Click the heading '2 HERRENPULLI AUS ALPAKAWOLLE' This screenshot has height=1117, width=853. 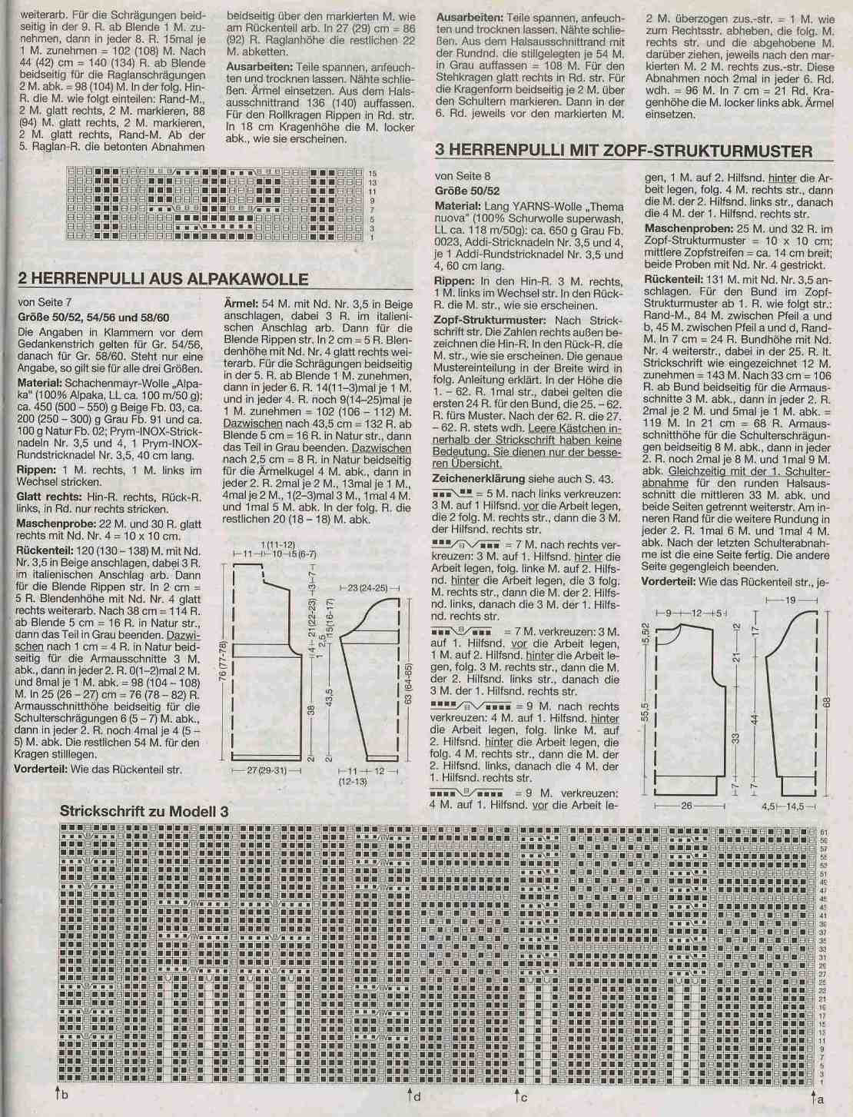click(x=163, y=279)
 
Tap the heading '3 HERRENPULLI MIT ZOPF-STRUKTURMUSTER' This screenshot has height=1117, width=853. click(x=623, y=150)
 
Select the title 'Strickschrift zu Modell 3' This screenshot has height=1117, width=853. click(x=144, y=811)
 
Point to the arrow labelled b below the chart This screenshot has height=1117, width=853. click(x=59, y=1092)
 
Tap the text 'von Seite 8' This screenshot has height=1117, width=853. click(x=463, y=176)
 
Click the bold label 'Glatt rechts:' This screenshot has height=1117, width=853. click(x=48, y=497)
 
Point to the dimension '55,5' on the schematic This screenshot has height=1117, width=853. click(x=644, y=712)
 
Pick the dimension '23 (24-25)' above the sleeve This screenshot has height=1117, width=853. click(x=370, y=587)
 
